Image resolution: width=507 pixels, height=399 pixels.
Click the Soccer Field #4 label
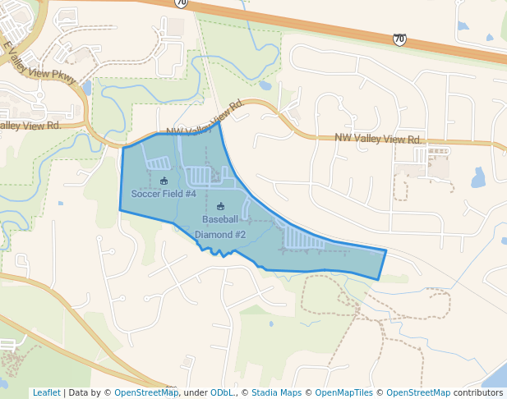[x=164, y=194]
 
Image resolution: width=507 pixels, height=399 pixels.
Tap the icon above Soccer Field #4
[x=164, y=181]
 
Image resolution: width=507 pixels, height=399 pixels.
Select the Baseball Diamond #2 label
[x=220, y=227]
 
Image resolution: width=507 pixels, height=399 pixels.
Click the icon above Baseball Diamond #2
[x=220, y=206]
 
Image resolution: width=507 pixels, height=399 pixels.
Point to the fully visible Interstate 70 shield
[x=399, y=39]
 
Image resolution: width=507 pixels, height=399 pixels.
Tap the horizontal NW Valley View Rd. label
[x=378, y=140]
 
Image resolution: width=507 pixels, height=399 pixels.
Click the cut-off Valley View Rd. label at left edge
[x=30, y=126]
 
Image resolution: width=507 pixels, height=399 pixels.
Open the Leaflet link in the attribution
[x=46, y=392]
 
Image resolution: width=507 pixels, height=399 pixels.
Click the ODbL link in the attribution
[x=221, y=392]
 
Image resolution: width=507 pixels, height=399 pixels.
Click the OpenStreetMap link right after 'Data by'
[x=145, y=392]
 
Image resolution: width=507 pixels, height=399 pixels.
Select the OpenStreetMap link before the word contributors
[x=417, y=392]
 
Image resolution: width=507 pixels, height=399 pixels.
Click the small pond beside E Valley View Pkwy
[x=86, y=87]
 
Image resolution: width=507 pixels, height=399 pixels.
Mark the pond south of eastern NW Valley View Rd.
[x=477, y=177]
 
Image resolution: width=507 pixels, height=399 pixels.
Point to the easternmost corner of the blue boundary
[x=386, y=250]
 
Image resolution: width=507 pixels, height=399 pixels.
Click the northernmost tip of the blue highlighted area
[x=219, y=122]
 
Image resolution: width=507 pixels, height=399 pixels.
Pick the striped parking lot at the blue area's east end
[x=303, y=238]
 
